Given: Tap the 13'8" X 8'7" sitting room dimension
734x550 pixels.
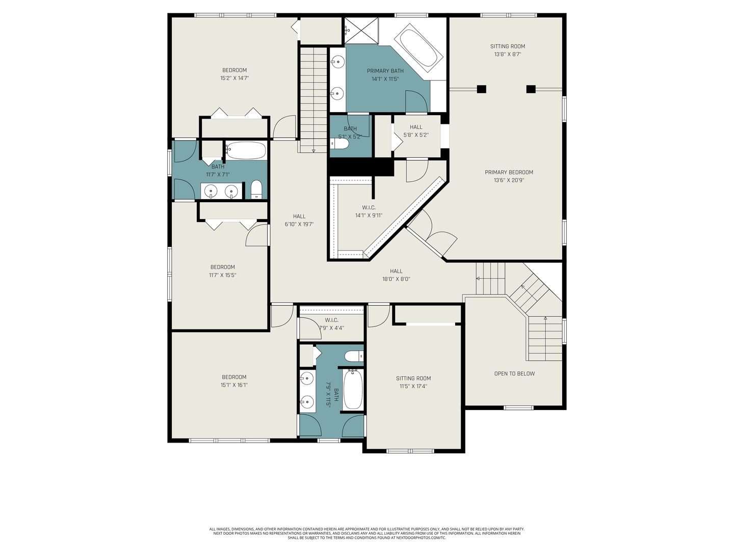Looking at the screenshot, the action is (x=508, y=54).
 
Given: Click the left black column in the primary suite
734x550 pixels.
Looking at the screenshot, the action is (x=481, y=89).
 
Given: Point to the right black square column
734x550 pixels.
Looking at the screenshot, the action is (x=531, y=89).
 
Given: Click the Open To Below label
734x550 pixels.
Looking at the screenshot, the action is (x=514, y=373).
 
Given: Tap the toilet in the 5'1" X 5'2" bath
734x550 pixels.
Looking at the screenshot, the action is (x=339, y=144).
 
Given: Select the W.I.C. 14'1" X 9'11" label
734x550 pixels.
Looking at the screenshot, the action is (x=369, y=211).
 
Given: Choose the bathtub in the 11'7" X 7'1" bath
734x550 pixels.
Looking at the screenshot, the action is (x=246, y=151).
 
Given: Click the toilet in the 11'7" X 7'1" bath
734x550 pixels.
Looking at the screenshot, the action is (x=256, y=189).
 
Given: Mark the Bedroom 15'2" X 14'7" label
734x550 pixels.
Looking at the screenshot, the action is (x=234, y=74).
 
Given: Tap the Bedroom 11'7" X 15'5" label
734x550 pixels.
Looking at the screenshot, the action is (x=222, y=271).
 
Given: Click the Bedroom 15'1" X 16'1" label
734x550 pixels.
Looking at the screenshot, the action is (x=234, y=381).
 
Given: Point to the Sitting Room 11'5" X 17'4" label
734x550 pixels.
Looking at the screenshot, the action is (x=413, y=382).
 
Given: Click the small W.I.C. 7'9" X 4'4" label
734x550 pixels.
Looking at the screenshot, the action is (x=331, y=324).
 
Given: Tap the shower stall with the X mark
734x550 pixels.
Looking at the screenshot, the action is (x=361, y=31).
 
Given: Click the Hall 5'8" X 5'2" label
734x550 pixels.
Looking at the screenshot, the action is (x=416, y=131).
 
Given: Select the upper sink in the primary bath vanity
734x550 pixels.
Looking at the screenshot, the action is (x=338, y=62).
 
